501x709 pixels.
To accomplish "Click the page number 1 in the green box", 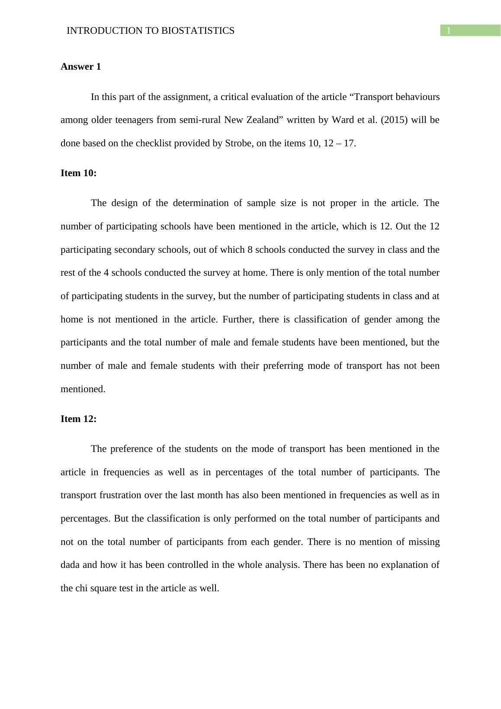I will pyautogui.click(x=449, y=31).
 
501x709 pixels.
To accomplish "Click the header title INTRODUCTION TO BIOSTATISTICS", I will pyautogui.click(x=151, y=31).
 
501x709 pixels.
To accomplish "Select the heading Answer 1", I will pyautogui.click(x=81, y=67).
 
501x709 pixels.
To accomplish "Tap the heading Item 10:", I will pyautogui.click(x=78, y=173).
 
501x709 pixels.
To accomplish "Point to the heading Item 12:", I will pyautogui.click(x=78, y=419).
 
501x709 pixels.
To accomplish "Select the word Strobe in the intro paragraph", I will pyautogui.click(x=238, y=143).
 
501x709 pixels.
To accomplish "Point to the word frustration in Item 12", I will pyautogui.click(x=117, y=495).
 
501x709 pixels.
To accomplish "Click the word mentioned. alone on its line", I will pyautogui.click(x=83, y=389).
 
